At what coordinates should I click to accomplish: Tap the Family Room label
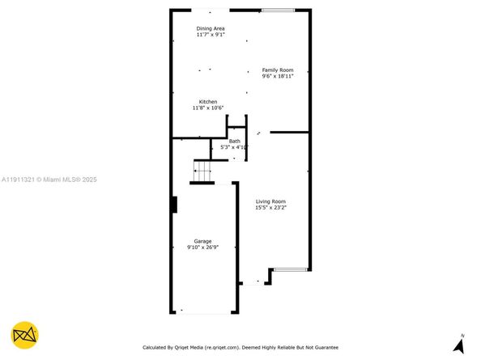coord(276,70)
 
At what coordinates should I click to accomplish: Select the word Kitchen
coord(208,101)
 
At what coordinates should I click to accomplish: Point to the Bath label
coord(234,141)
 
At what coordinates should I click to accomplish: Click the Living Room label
coord(270,201)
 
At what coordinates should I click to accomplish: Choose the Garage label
coord(202,241)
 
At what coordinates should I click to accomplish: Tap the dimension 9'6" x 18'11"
coord(276,76)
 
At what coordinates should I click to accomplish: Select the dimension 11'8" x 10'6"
coord(208,108)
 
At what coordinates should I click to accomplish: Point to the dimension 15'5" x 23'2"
coord(270,208)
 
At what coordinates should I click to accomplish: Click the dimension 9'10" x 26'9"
coord(202,248)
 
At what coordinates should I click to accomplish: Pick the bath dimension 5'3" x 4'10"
coord(234,147)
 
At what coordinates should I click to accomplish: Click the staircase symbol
coord(202,171)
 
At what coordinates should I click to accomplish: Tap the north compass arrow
coord(460,345)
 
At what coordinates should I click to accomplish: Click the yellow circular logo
coord(25,335)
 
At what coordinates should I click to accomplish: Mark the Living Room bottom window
coord(289,269)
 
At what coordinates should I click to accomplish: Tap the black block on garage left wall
coord(173,204)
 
